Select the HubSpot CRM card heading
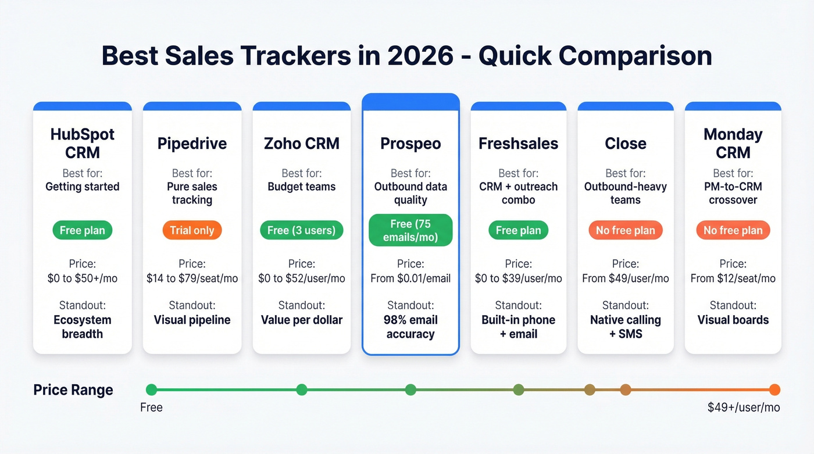tap(83, 144)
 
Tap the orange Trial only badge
tap(192, 230)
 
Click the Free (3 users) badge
tap(301, 230)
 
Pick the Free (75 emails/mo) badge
tap(410, 230)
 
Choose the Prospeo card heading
tap(410, 144)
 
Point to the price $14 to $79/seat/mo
tap(192, 278)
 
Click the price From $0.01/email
tap(410, 278)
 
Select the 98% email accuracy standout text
tap(410, 327)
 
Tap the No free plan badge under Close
tap(625, 230)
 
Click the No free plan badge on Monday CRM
tap(733, 230)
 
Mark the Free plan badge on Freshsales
tap(518, 230)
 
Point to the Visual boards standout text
tap(733, 320)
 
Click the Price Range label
tap(73, 390)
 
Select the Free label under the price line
tap(151, 407)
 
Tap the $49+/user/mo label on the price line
tap(743, 407)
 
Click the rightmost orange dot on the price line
tap(774, 390)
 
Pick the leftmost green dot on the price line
tap(151, 390)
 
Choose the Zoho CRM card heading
tap(301, 144)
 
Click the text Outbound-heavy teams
tap(625, 194)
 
